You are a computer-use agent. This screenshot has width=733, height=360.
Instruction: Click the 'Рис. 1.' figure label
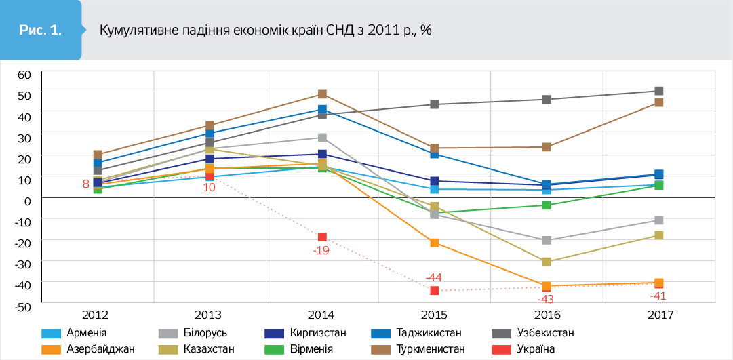41,30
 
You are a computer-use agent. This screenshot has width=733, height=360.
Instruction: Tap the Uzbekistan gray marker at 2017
658,91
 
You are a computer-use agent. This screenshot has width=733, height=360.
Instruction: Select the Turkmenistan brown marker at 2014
323,94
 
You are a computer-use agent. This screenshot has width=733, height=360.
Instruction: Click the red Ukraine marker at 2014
323,237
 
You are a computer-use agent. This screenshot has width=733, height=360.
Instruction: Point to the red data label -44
433,277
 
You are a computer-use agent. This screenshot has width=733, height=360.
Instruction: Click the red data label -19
322,250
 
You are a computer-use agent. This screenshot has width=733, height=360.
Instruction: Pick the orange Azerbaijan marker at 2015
435,243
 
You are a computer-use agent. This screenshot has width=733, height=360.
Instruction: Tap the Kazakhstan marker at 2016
547,262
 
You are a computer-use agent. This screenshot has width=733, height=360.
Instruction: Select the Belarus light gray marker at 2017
658,220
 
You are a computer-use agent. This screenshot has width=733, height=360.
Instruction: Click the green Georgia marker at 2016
547,205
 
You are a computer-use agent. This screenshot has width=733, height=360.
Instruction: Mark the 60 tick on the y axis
24,74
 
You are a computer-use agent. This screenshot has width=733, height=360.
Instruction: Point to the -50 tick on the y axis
22,306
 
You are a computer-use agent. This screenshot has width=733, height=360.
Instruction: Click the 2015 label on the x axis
434,315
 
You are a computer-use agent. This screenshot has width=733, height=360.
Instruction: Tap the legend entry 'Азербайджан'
101,349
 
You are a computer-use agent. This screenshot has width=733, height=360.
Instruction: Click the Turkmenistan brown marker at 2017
658,102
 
